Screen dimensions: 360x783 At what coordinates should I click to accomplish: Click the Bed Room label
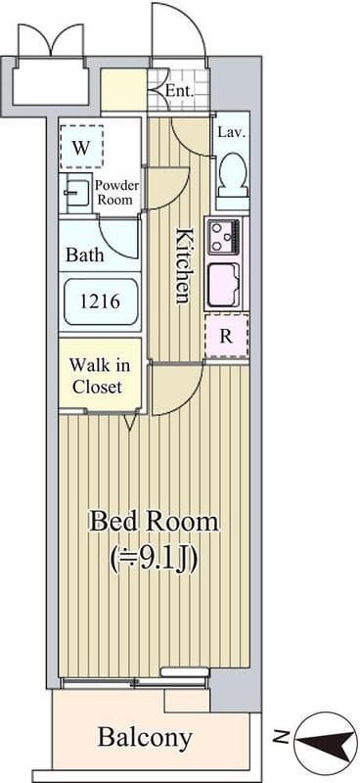tap(154, 523)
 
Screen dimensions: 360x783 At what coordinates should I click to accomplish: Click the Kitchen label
tap(183, 265)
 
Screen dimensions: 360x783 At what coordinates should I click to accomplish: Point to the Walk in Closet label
tap(100, 376)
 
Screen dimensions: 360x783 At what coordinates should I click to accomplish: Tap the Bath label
tap(85, 255)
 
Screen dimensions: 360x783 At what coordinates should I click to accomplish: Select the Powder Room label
tap(116, 192)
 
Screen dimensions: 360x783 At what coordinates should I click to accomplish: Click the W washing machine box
tap(81, 147)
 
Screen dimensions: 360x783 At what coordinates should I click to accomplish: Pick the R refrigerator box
tap(227, 336)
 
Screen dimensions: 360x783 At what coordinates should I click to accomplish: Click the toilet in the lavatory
tap(234, 175)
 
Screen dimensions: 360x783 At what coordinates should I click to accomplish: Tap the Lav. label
tap(232, 133)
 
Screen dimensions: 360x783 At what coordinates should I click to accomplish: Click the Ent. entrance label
tap(180, 91)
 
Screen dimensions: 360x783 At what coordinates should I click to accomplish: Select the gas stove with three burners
tap(224, 237)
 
